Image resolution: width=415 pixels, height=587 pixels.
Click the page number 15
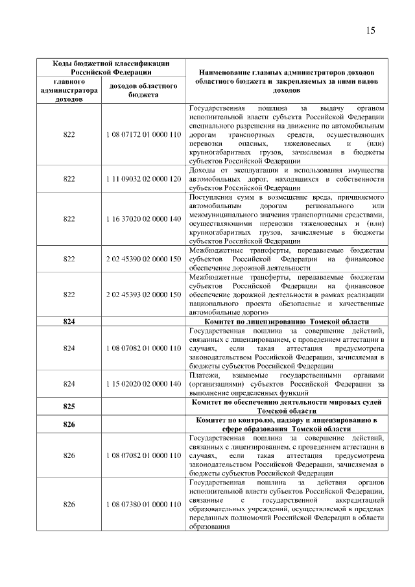pos(371,30)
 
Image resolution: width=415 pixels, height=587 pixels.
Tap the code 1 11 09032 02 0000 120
pos(143,179)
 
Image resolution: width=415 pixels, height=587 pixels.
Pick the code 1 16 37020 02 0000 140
pos(143,219)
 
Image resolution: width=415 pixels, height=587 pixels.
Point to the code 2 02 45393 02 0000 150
pos(143,294)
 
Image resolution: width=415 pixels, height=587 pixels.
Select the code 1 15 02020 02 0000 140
pos(143,384)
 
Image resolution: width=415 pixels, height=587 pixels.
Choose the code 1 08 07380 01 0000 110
pos(143,504)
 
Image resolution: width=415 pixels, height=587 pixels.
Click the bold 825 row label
pos(69,407)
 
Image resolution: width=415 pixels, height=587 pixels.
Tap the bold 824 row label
pos(69,322)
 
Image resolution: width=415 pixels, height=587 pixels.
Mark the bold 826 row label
pos(69,424)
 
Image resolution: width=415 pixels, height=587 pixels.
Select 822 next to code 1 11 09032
pos(69,179)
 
